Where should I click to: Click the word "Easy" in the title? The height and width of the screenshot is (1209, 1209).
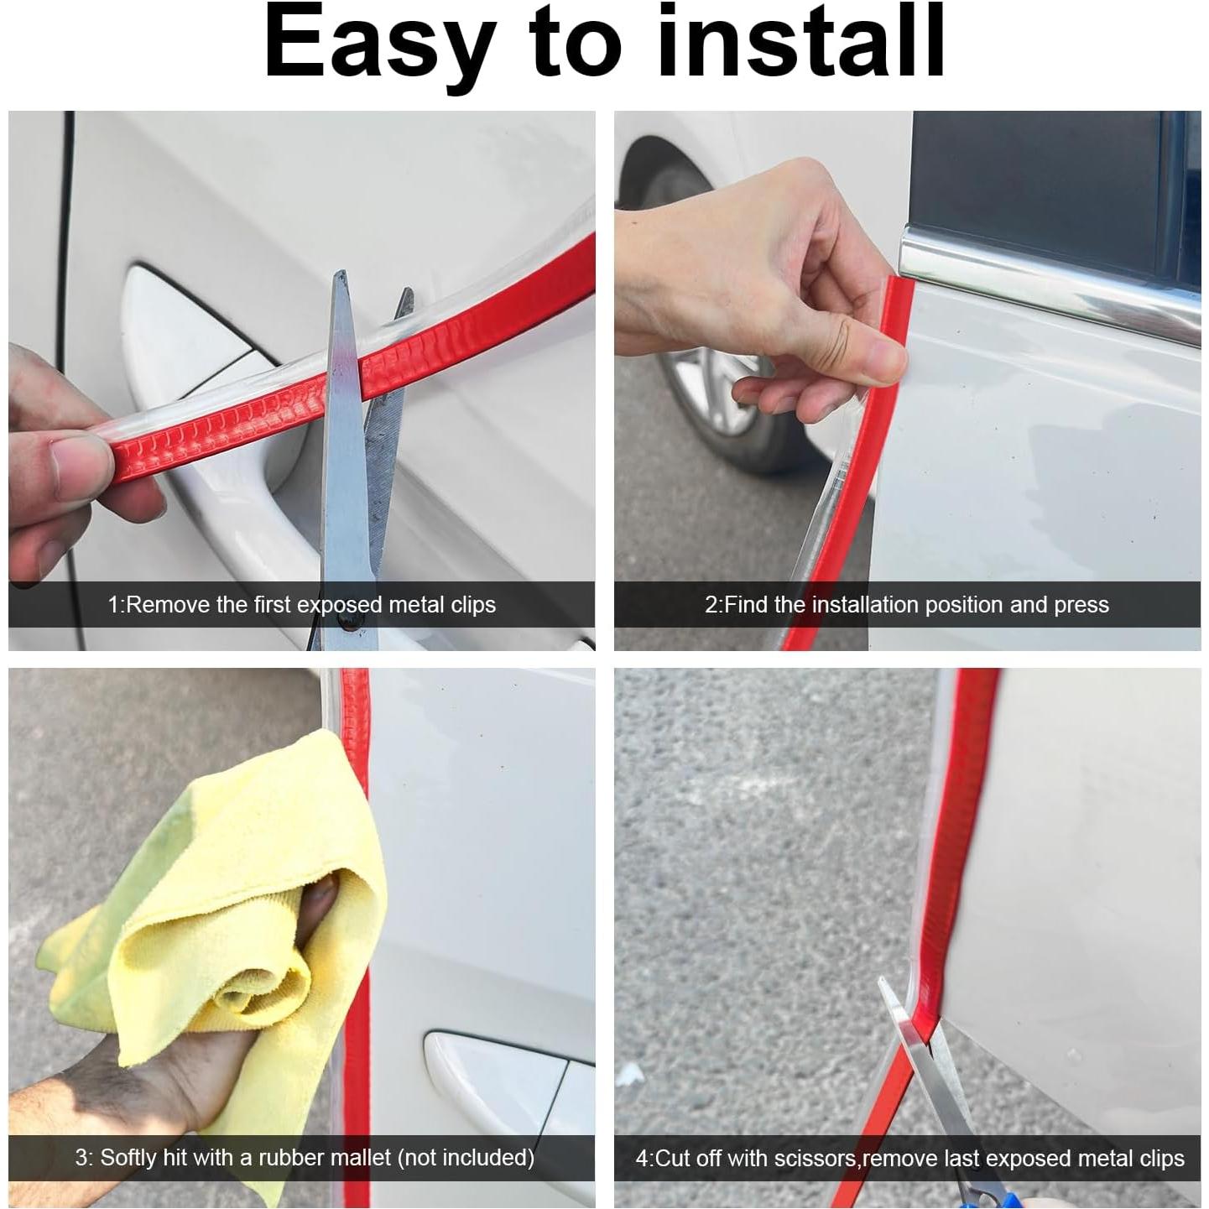[x=377, y=44]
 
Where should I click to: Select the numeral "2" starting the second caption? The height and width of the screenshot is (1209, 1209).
[x=711, y=605]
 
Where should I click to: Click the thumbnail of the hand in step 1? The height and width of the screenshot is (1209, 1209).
[x=76, y=457]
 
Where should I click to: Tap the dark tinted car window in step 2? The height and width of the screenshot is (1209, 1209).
[x=1049, y=176]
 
